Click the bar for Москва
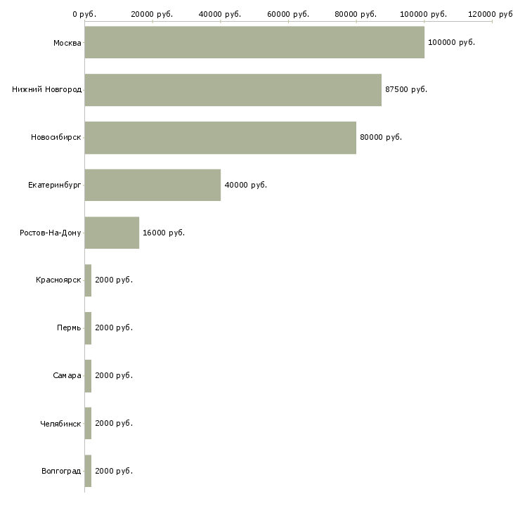pyautogui.click(x=254, y=42)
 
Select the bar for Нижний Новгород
pyautogui.click(x=233, y=90)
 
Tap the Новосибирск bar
pyautogui.click(x=220, y=138)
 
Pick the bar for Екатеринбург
pyautogui.click(x=152, y=185)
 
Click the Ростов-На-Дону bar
pyautogui.click(x=112, y=233)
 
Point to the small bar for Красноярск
pyautogui.click(x=88, y=280)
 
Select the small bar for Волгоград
pyautogui.click(x=88, y=471)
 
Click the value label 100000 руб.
pyautogui.click(x=451, y=42)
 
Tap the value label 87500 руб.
pyautogui.click(x=406, y=90)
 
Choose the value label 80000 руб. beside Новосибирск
pyautogui.click(x=381, y=138)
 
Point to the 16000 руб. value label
pyautogui.click(x=164, y=233)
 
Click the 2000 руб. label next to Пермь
pyautogui.click(x=114, y=328)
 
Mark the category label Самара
pyautogui.click(x=67, y=376)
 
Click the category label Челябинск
pyautogui.click(x=61, y=424)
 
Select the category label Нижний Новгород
pyautogui.click(x=46, y=90)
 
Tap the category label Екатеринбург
pyautogui.click(x=55, y=186)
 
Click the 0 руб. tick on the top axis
pyautogui.click(x=84, y=14)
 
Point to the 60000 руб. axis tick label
pyautogui.click(x=288, y=14)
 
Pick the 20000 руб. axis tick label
pyautogui.click(x=152, y=14)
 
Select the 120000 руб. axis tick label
pyautogui.click(x=492, y=14)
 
